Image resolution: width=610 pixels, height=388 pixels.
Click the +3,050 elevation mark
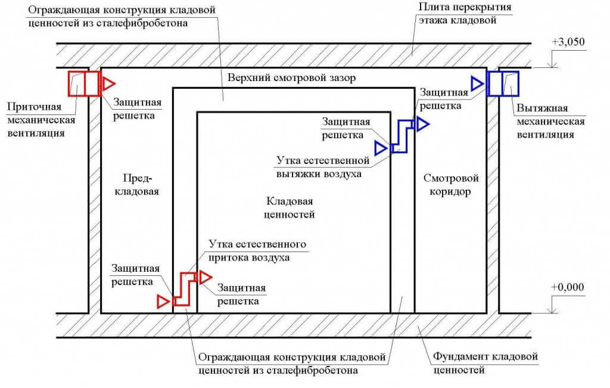click(568, 42)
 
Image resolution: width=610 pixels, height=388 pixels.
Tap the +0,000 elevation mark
click(568, 287)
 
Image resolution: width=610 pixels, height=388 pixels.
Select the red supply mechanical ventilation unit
click(85, 83)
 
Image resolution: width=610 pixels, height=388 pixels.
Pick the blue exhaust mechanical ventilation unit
click(503, 83)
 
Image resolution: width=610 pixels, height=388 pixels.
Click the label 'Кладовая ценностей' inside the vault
click(289, 208)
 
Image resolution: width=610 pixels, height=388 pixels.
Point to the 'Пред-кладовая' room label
click(137, 185)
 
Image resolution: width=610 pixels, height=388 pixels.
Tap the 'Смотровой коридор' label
click(450, 185)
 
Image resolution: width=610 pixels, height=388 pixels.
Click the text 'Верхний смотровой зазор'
click(291, 77)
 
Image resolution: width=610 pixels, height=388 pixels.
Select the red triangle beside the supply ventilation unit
click(109, 83)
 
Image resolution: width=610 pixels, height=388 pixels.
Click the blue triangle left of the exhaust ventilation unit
click(477, 83)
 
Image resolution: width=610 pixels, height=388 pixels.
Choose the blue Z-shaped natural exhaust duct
click(402, 136)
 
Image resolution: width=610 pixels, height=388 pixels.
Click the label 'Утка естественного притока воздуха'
click(257, 251)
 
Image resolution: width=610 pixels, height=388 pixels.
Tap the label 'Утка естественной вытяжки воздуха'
click(322, 166)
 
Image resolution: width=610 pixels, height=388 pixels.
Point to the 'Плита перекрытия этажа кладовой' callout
click(465, 13)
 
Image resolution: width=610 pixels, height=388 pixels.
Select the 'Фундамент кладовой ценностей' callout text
click(485, 363)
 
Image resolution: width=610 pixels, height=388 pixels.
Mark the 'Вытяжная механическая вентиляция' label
click(550, 121)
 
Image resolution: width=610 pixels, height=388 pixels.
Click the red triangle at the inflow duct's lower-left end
click(163, 302)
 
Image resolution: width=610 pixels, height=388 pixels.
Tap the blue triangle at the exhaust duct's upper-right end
click(422, 124)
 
